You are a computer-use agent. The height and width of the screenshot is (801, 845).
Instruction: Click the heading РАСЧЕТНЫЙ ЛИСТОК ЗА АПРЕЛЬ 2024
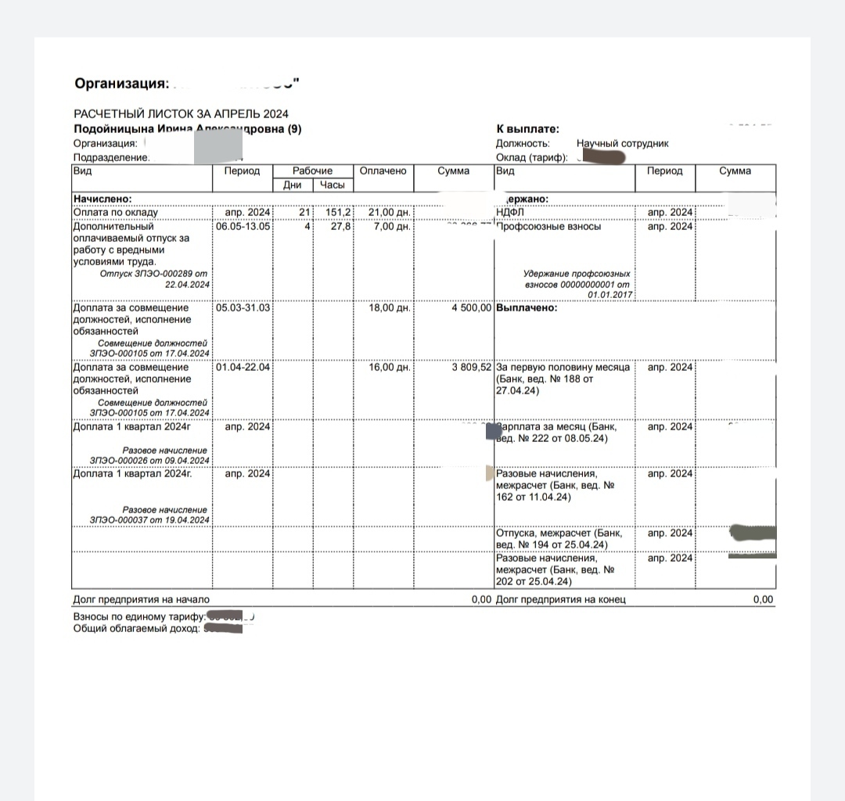point(181,114)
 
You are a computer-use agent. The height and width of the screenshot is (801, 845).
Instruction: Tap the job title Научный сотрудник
point(622,144)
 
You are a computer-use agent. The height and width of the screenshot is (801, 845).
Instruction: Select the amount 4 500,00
point(471,307)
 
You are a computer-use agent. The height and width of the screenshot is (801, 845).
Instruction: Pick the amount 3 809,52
point(471,367)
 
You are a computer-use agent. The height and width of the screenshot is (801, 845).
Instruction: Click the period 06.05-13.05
point(243,226)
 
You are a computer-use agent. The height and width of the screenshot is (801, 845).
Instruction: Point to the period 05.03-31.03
point(243,307)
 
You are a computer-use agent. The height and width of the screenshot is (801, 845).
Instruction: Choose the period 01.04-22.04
point(243,367)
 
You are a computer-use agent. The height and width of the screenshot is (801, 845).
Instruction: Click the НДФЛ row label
point(509,212)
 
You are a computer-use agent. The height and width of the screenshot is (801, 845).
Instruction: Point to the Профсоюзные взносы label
point(548,226)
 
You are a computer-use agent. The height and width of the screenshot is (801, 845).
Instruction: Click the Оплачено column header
point(383,171)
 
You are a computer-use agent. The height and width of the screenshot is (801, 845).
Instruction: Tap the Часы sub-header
point(333,185)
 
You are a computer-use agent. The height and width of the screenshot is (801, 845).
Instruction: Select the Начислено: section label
point(102,199)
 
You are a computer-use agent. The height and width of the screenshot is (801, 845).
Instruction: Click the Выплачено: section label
point(527,307)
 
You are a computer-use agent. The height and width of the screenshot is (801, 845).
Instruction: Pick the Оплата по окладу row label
point(116,212)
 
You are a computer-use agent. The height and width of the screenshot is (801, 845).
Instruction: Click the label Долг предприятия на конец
point(561,600)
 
